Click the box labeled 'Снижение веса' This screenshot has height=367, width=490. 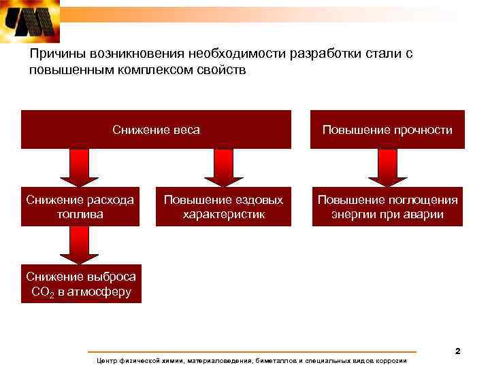(x=156, y=129)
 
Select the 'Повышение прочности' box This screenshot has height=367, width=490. (x=387, y=129)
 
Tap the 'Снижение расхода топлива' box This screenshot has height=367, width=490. (x=80, y=207)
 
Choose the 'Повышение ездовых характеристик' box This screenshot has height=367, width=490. (x=223, y=207)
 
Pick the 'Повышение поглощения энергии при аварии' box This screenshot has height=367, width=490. (x=387, y=207)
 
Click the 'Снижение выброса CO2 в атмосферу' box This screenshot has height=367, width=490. (x=81, y=284)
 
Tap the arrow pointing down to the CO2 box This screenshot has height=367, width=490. (x=80, y=245)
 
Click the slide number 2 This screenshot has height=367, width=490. (x=457, y=351)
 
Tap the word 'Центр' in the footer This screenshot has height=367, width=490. (x=109, y=360)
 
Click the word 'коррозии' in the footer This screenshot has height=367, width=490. (x=391, y=360)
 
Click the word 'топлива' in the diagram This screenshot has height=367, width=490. (x=80, y=215)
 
